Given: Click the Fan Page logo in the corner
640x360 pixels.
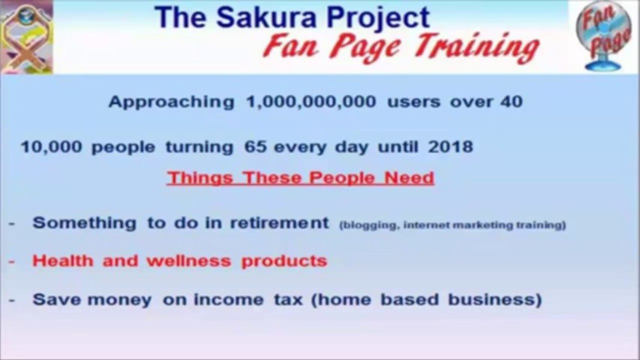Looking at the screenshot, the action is coord(603,36).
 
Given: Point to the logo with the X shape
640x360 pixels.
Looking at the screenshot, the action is coord(27,37).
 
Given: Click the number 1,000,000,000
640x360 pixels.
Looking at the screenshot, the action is coord(311,102).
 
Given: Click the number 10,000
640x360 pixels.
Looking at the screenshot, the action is coord(52,147).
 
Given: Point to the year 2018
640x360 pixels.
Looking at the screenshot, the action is coord(450,147).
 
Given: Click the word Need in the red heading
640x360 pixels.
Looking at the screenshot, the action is coord(409,177).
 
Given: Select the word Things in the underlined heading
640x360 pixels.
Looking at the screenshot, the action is coord(200,178).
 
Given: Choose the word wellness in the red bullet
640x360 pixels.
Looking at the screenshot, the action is coord(189,261).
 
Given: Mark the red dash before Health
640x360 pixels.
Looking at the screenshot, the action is coord(12,261).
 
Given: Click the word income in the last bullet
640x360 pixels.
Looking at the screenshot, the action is coord(229,300).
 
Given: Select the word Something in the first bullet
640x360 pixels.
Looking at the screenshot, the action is coord(85,223).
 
